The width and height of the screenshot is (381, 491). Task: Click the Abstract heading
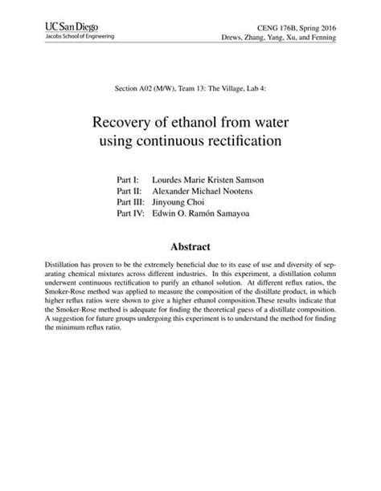click(190, 247)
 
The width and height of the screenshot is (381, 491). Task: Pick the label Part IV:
click(131, 214)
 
